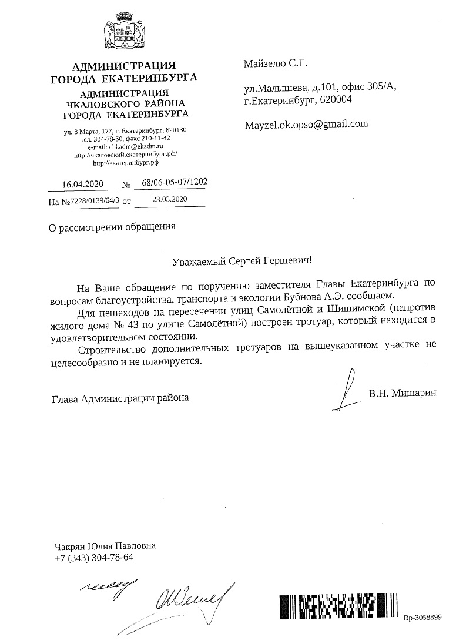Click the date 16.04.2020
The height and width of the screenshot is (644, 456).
click(x=83, y=185)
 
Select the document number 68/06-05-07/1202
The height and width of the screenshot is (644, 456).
click(x=170, y=183)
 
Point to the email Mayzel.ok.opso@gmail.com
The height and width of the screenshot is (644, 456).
click(x=306, y=124)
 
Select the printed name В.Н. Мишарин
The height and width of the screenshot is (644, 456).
click(x=403, y=393)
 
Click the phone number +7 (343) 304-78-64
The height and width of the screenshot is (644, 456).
click(x=94, y=557)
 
